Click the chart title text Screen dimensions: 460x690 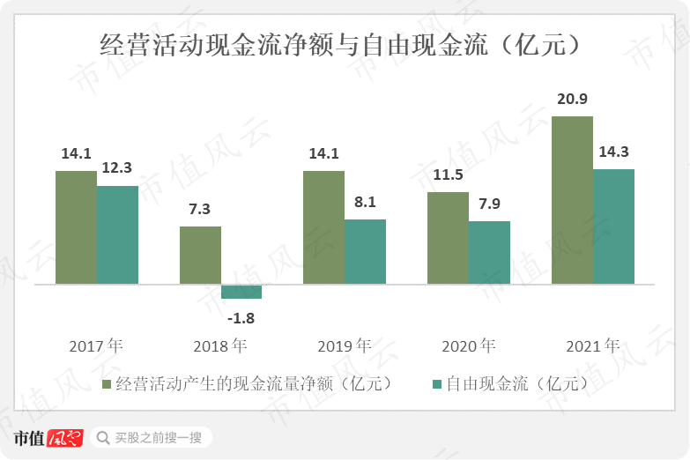(x=344, y=45)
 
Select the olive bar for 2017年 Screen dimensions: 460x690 (x=76, y=227)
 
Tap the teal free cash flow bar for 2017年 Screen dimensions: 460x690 (x=117, y=234)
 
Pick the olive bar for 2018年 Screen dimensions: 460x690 (x=200, y=256)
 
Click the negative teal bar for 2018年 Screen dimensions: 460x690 (x=241, y=292)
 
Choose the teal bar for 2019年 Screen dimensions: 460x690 (x=365, y=251)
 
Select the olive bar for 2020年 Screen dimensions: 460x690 (x=448, y=238)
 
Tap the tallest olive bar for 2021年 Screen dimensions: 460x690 (x=572, y=200)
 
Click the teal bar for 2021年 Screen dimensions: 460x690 (x=613, y=226)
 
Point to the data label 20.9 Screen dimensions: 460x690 (x=572, y=100)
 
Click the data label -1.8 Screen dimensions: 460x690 (x=241, y=317)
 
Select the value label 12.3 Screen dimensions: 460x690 (x=116, y=167)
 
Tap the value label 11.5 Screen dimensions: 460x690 (x=448, y=174)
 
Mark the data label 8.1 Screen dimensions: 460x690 (x=365, y=202)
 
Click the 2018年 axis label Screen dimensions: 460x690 (x=219, y=345)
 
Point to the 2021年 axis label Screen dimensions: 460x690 (x=592, y=345)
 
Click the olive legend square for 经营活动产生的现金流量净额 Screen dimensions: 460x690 (x=108, y=384)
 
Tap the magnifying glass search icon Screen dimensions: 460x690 (x=103, y=437)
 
